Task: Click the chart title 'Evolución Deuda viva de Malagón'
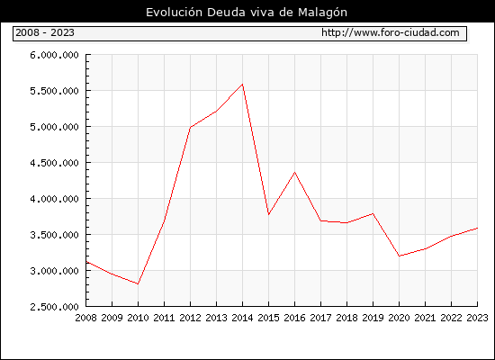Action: [x=247, y=13]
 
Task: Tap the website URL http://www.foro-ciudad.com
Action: [x=391, y=32]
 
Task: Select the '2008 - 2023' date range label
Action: [x=45, y=32]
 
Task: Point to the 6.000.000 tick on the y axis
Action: [x=54, y=55]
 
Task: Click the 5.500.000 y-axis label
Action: [x=54, y=91]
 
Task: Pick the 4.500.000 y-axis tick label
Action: [x=54, y=163]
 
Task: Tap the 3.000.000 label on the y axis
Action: [x=54, y=271]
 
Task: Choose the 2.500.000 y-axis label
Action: [x=54, y=307]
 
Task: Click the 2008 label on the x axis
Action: [x=85, y=318]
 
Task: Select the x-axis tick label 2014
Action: [x=242, y=318]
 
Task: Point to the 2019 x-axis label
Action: [x=373, y=318]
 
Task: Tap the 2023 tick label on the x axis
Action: [x=477, y=318]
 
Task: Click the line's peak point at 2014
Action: [x=242, y=84]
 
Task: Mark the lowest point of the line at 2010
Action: [x=138, y=283]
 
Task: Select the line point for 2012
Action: [x=191, y=127]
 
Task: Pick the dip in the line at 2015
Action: [x=269, y=215]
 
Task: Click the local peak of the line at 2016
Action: [x=295, y=172]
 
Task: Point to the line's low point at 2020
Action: [x=399, y=256]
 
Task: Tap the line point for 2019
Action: [x=373, y=213]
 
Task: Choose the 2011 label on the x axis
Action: [x=164, y=318]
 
